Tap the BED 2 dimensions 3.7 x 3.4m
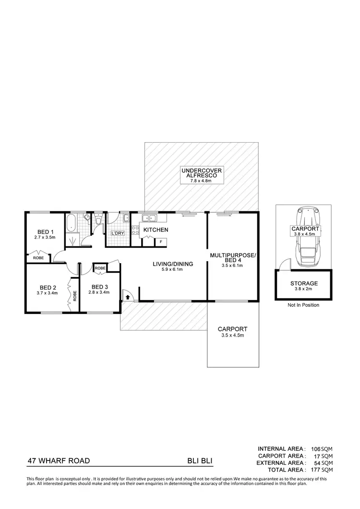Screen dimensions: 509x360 [47, 292]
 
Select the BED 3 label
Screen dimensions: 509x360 [100, 287]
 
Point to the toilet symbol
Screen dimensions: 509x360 [98, 221]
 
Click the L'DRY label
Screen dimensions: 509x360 [118, 233]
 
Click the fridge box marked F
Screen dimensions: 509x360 [161, 241]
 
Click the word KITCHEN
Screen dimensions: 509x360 [156, 230]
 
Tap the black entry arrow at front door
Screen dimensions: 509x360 [128, 297]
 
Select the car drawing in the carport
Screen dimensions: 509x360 [305, 238]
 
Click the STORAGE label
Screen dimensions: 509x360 [303, 283]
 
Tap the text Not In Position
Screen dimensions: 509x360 [303, 305]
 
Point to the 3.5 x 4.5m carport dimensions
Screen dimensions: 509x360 [232, 335]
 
